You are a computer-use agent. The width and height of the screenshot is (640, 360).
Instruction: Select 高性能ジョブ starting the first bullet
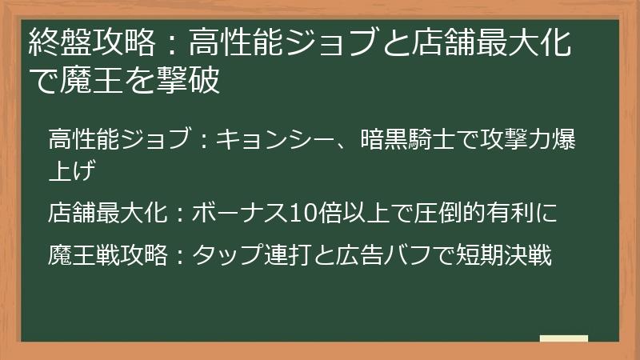[119, 141]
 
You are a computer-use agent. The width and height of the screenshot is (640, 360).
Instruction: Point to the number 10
[304, 212]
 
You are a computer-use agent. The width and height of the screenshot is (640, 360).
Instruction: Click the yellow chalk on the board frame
[564, 339]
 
